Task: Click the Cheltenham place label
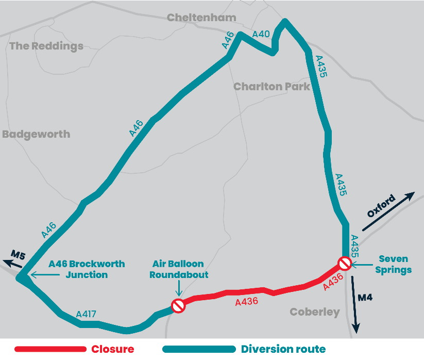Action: pyautogui.click(x=201, y=18)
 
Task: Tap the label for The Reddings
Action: pyautogui.click(x=46, y=46)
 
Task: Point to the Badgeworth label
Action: pyautogui.click(x=36, y=134)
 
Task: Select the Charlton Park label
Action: pyautogui.click(x=272, y=86)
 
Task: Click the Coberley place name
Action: pyautogui.click(x=315, y=312)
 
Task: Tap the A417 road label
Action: pyautogui.click(x=86, y=314)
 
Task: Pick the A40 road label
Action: pyautogui.click(x=261, y=35)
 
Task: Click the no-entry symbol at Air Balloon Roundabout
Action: pyautogui.click(x=178, y=305)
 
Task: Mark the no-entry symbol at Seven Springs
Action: pyautogui.click(x=345, y=264)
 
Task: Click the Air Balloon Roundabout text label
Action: pyautogui.click(x=179, y=269)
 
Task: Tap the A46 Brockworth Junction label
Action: pyautogui.click(x=87, y=269)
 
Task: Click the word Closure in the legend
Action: pyautogui.click(x=112, y=349)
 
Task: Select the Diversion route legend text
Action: pyautogui.click(x=283, y=349)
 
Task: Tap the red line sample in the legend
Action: pyautogui.click(x=50, y=349)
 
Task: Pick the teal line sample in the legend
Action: pyautogui.click(x=198, y=349)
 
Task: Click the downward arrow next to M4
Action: pyautogui.click(x=355, y=304)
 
